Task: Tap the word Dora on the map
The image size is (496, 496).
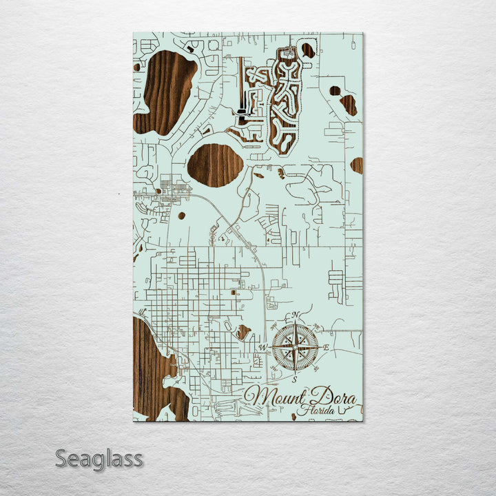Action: (332, 397)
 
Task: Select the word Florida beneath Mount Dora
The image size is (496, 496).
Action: (311, 411)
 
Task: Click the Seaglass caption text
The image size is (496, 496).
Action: (99, 458)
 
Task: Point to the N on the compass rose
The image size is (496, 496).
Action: (296, 316)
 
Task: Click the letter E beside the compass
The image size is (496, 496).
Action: (326, 348)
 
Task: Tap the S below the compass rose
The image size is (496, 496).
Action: (294, 379)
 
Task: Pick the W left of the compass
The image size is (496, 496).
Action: (262, 347)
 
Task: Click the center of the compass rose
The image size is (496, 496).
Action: (295, 347)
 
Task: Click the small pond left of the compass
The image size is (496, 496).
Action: (243, 333)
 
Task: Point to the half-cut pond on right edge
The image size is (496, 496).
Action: (358, 165)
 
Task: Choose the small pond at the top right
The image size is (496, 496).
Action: (308, 50)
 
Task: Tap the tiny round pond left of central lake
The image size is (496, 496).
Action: (181, 216)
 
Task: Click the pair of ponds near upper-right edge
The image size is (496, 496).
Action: (344, 100)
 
